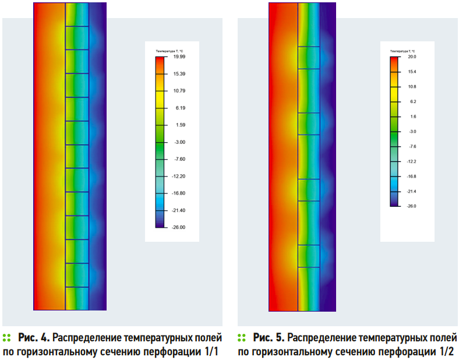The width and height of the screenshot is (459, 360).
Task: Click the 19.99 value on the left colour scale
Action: point(179,57)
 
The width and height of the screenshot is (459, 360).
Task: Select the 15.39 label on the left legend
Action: point(179,74)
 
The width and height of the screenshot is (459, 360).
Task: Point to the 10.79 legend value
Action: point(179,91)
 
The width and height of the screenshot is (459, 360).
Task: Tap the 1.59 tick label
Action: point(179,125)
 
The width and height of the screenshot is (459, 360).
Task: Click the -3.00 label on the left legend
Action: point(179,142)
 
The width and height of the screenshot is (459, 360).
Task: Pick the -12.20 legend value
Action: point(179,176)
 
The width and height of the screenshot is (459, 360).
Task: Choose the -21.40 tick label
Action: point(179,210)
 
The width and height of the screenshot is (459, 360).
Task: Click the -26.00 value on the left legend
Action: point(179,227)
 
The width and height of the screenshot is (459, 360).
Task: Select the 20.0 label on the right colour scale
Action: point(412,57)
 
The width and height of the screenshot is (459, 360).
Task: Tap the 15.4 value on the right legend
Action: point(412,72)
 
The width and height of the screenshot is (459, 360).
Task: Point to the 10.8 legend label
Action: point(412,87)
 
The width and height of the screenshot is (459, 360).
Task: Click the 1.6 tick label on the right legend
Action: point(412,117)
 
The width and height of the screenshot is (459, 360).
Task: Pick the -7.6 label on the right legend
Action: point(412,146)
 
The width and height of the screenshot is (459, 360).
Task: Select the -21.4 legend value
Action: point(412,191)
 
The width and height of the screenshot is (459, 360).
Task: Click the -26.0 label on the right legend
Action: point(412,206)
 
